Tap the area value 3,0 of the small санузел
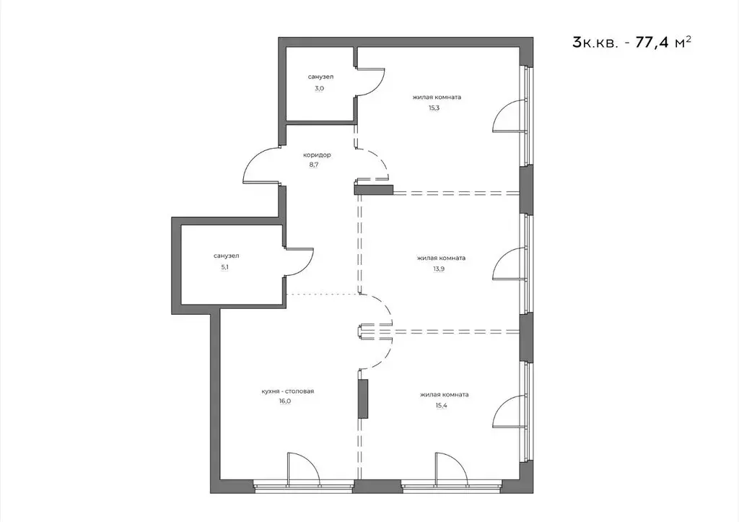[x=319, y=88]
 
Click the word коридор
[x=318, y=155]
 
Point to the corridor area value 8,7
[x=315, y=165]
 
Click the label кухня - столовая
[x=288, y=391]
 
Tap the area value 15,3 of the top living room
[x=434, y=108]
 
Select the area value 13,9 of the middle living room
[x=440, y=268]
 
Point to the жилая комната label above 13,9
[x=441, y=258]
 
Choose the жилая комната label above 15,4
[x=445, y=395]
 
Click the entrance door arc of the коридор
[x=260, y=166]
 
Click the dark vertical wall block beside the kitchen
[x=363, y=398]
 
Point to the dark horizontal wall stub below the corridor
[x=374, y=190]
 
